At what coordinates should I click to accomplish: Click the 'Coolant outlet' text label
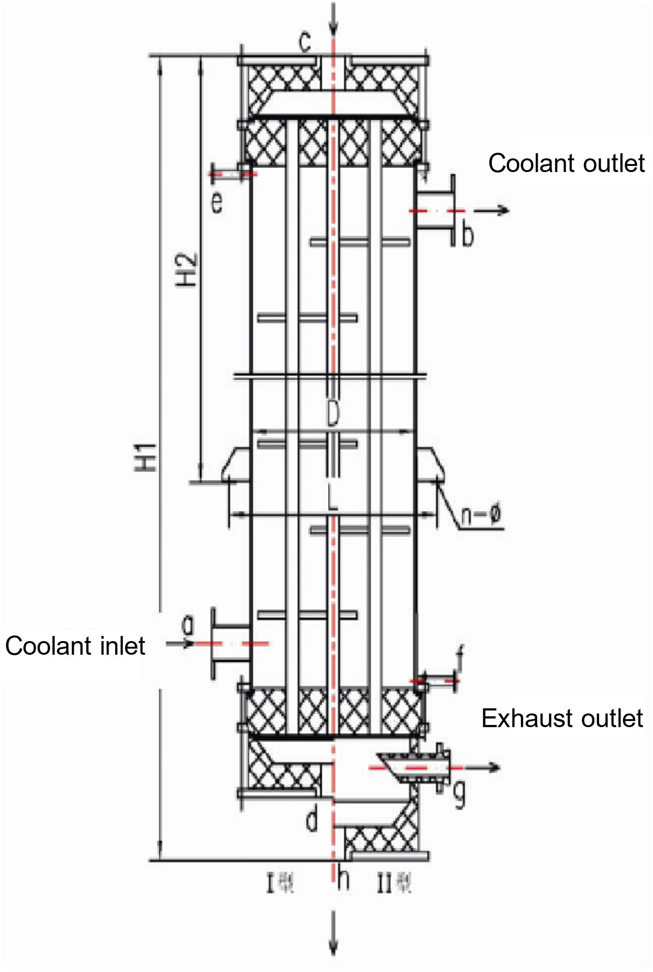pyautogui.click(x=566, y=164)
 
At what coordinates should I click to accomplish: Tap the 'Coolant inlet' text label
pyautogui.click(x=75, y=646)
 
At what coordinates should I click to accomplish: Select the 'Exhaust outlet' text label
pyautogui.click(x=562, y=718)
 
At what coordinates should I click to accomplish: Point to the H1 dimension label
pyautogui.click(x=149, y=456)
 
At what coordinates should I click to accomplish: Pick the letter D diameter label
pyautogui.click(x=332, y=415)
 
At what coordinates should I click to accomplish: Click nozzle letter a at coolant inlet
pyautogui.click(x=188, y=626)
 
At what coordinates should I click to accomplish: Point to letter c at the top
pyautogui.click(x=305, y=43)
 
